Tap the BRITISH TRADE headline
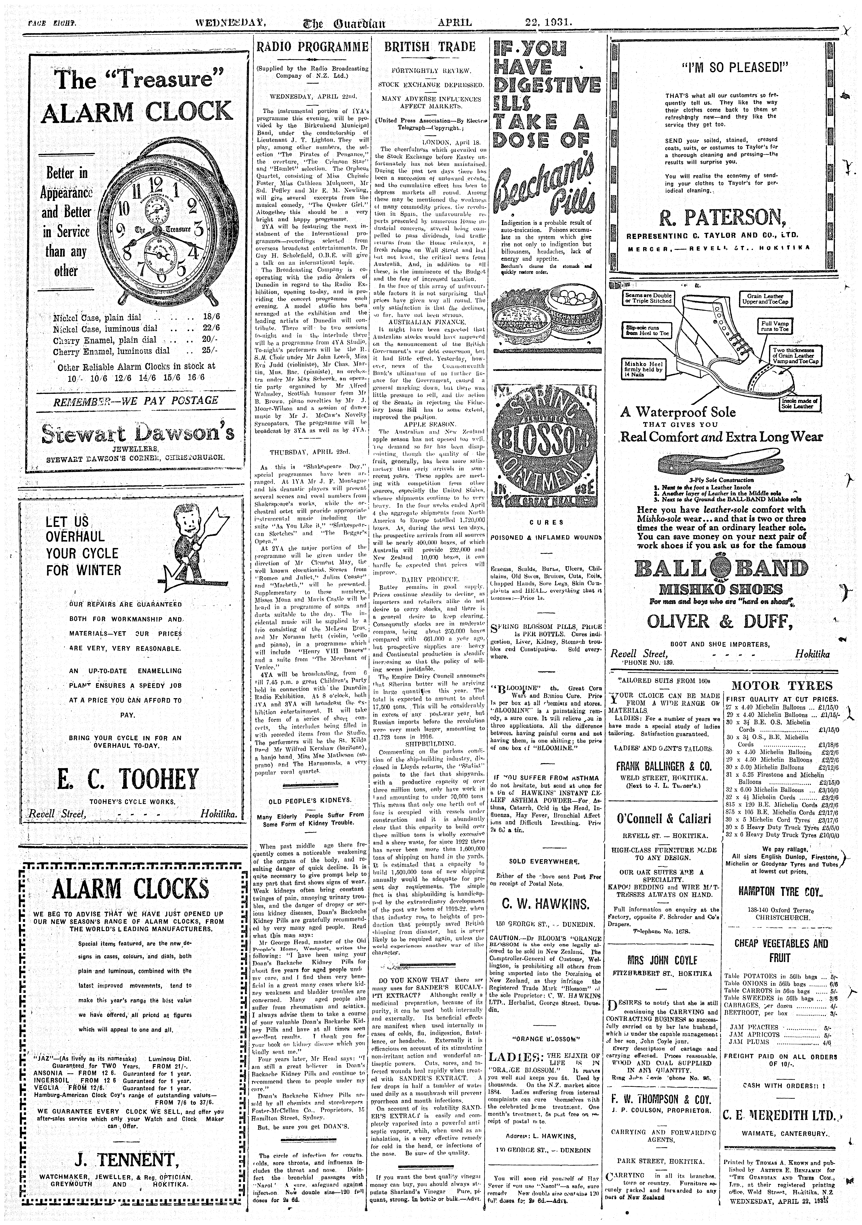430,47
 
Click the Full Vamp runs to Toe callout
774,326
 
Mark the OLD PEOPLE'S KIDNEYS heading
310,800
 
